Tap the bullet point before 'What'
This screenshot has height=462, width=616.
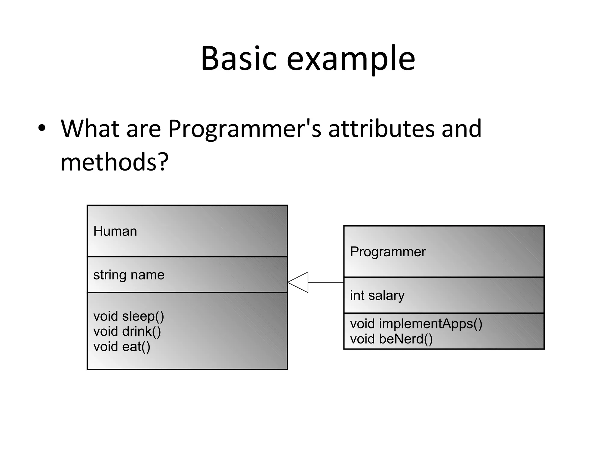42,128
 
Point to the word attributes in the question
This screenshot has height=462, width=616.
381,129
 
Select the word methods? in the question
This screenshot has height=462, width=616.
114,162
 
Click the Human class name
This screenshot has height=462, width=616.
115,231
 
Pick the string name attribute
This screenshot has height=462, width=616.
129,275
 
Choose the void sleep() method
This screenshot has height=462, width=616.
129,316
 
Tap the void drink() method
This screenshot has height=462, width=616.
127,331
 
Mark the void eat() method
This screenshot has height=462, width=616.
122,347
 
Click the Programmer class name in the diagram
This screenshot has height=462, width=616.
388,252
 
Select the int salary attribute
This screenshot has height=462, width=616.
377,295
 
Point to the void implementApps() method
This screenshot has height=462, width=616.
416,324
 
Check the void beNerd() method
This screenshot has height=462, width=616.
391,339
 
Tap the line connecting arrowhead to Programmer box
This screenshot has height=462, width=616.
326,282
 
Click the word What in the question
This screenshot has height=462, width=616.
90,129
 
